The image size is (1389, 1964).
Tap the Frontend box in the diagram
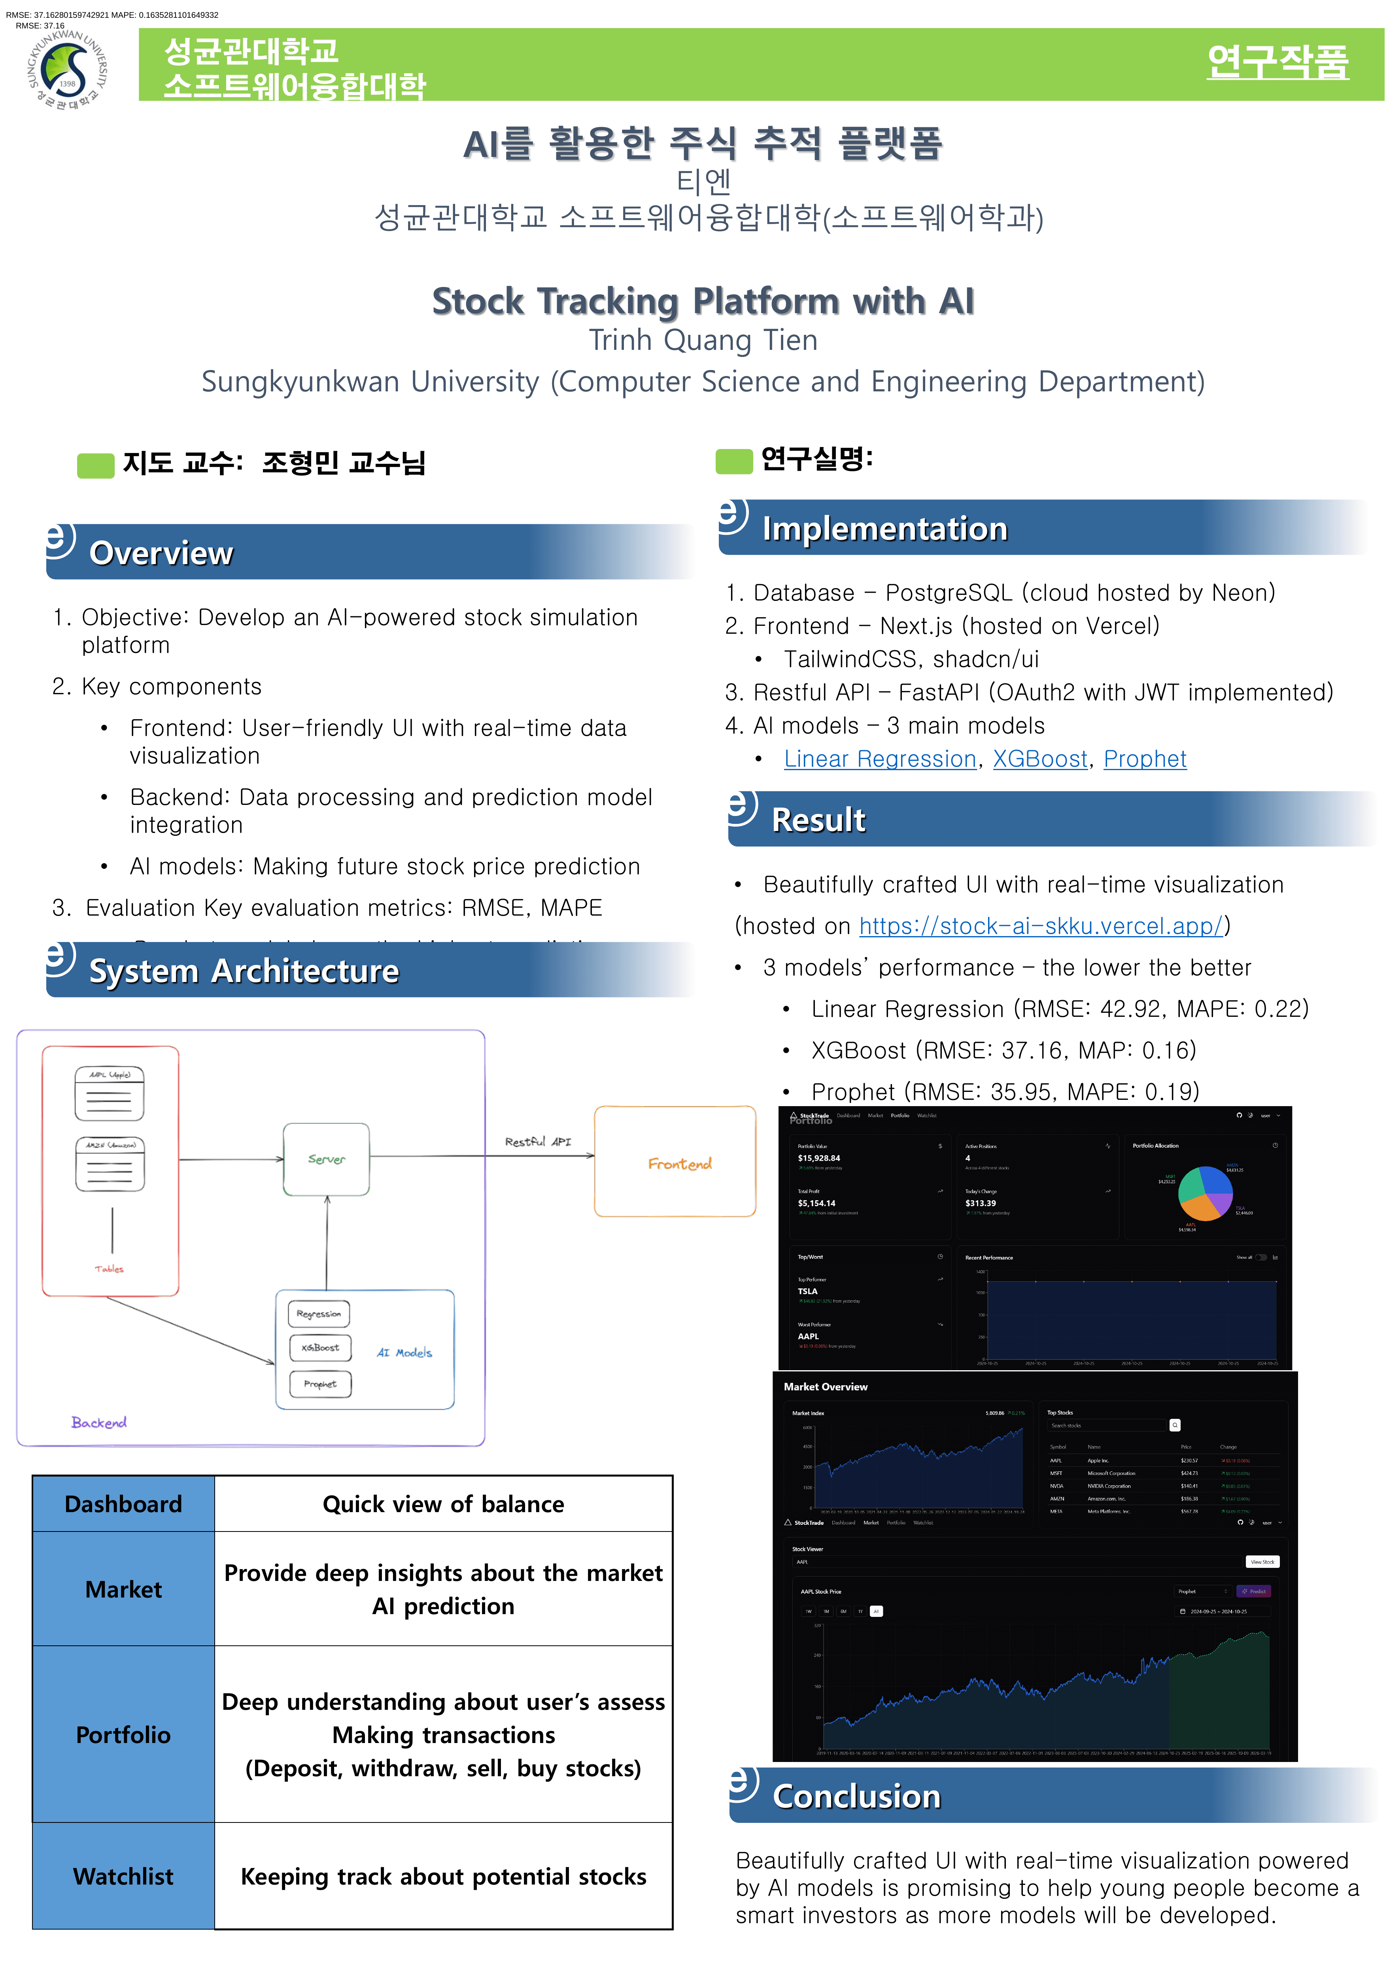pyautogui.click(x=675, y=1161)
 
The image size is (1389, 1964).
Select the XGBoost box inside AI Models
pyautogui.click(x=320, y=1347)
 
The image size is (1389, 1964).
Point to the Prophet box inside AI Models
pyautogui.click(x=320, y=1383)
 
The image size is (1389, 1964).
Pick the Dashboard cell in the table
pyautogui.click(x=123, y=1504)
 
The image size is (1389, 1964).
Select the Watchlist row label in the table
pyautogui.click(x=123, y=1876)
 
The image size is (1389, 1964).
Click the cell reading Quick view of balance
pyautogui.click(x=443, y=1504)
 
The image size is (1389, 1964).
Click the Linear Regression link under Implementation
pyautogui.click(x=879, y=759)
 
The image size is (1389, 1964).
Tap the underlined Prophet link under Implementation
pyautogui.click(x=1144, y=759)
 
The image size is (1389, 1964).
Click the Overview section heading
pyautogui.click(x=161, y=553)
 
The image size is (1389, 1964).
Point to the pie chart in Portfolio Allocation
pyautogui.click(x=1204, y=1193)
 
